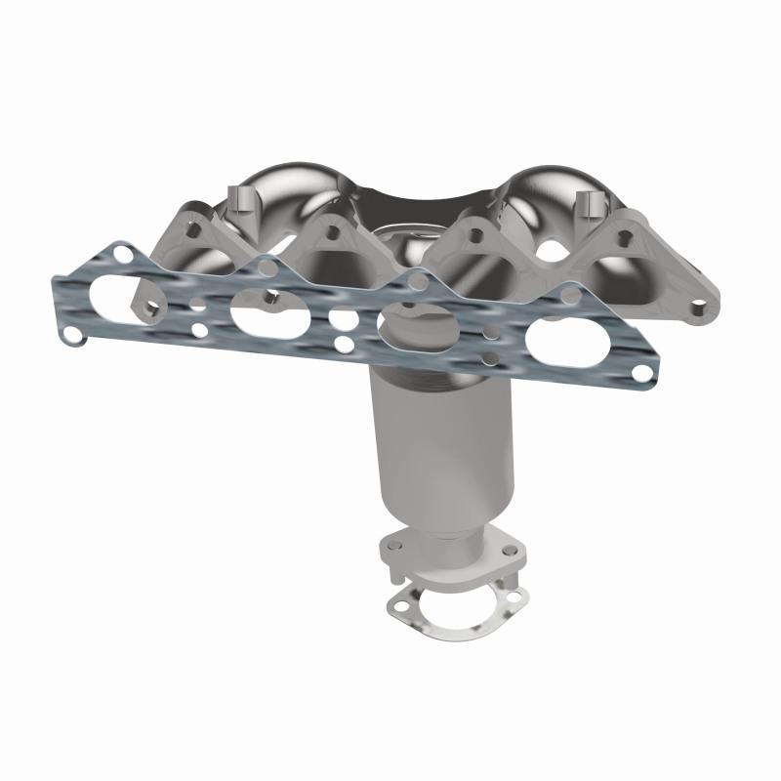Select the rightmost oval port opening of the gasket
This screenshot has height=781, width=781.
[561, 344]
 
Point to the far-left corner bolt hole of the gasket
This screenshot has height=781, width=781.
[72, 335]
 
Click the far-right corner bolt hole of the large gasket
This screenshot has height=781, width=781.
[639, 373]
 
